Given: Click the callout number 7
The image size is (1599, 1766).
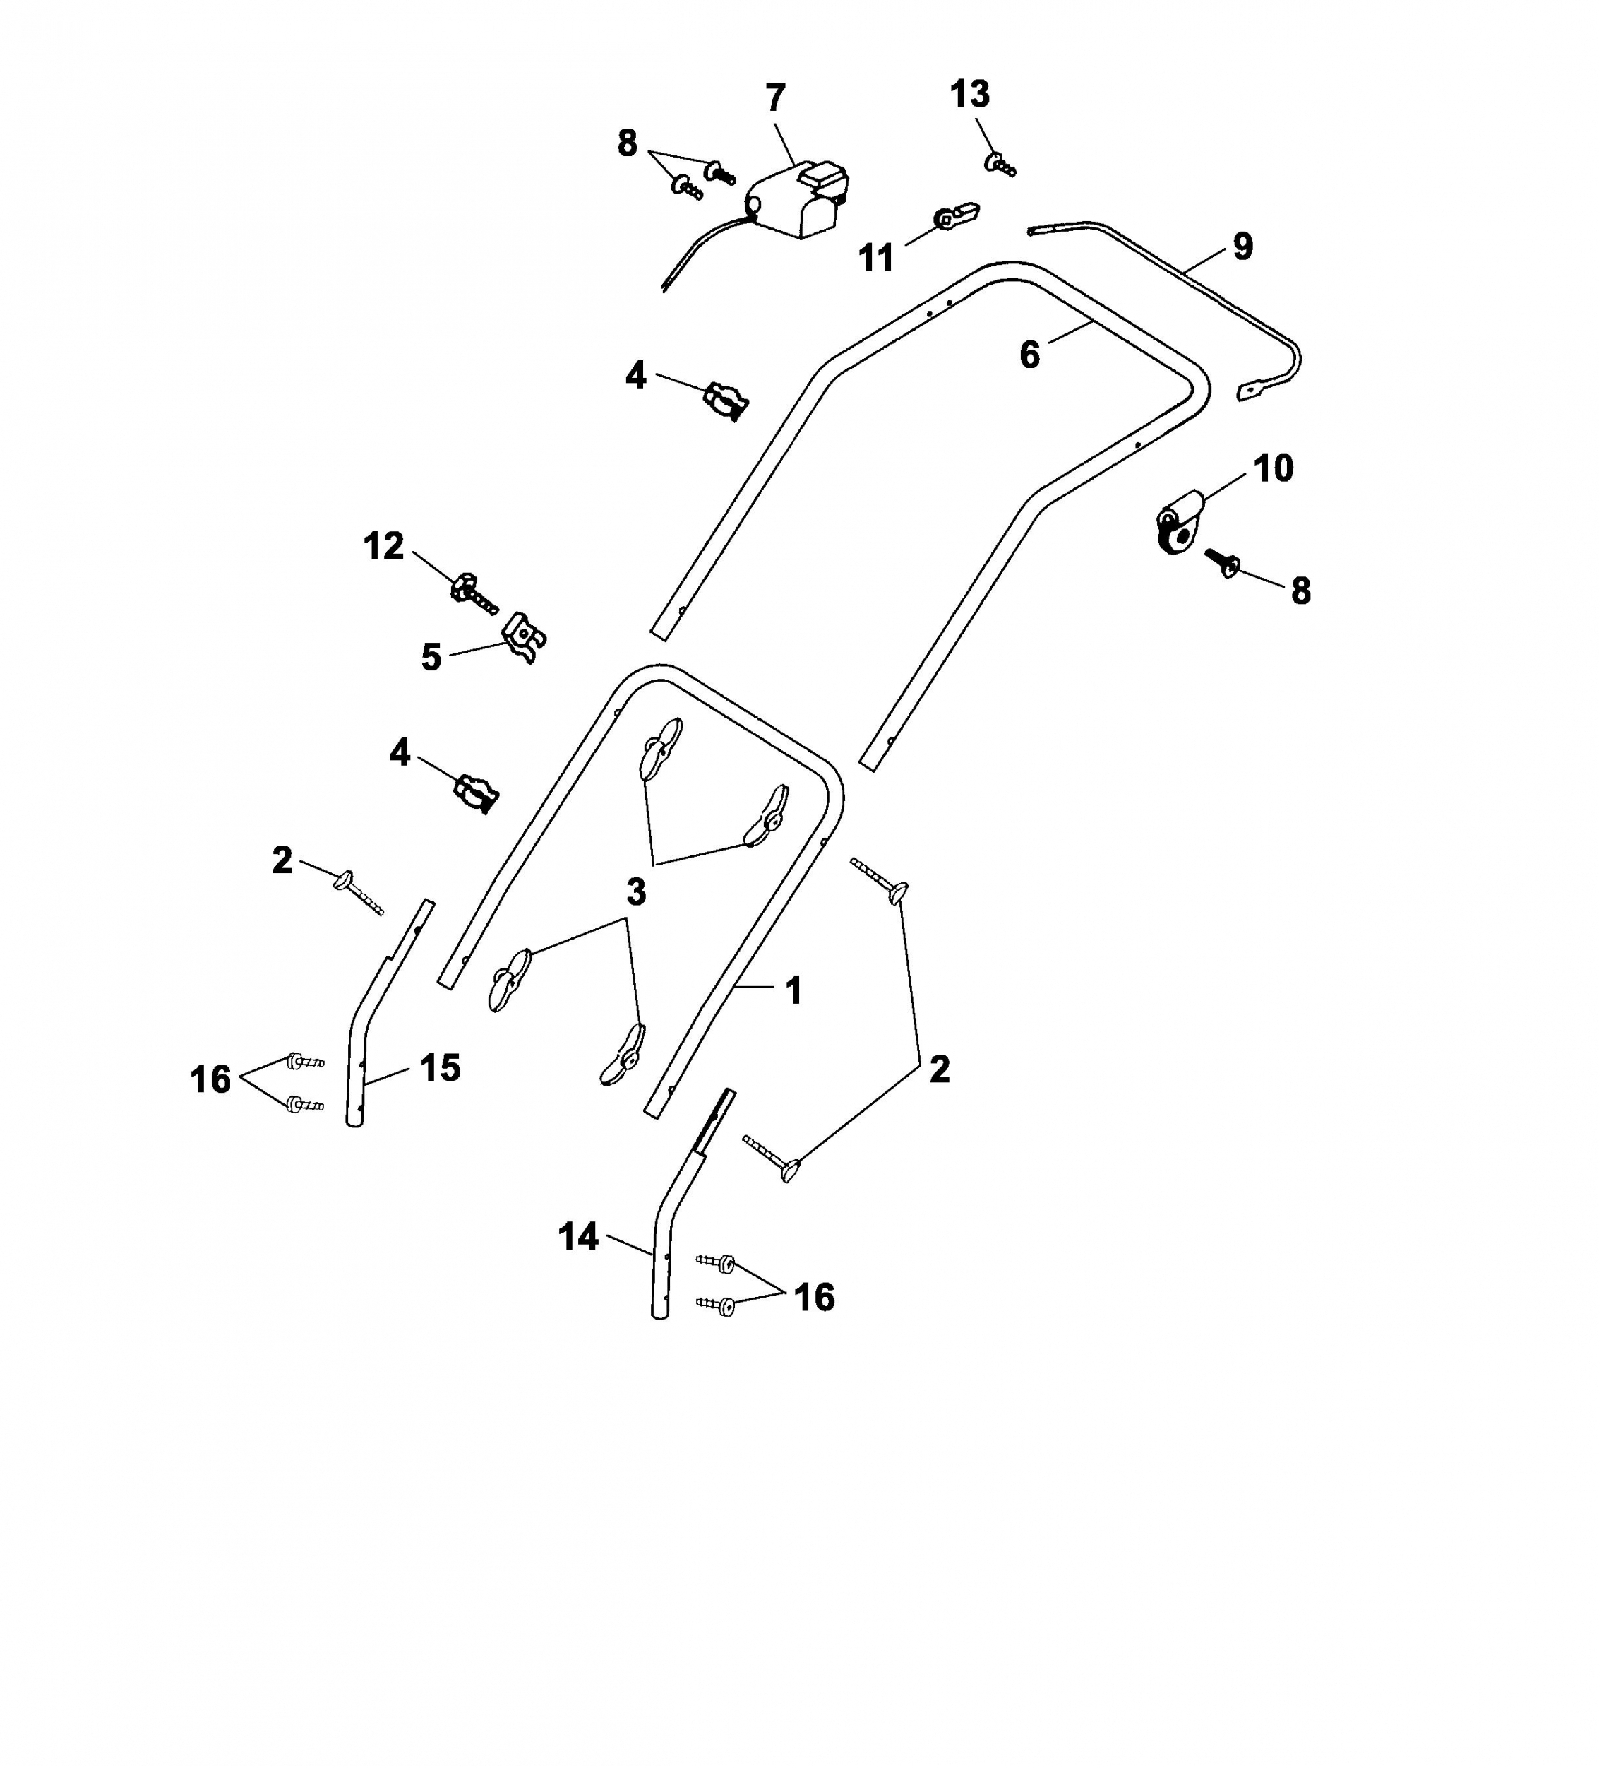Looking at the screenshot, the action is click(775, 98).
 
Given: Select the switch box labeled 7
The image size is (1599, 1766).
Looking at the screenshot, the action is click(796, 201).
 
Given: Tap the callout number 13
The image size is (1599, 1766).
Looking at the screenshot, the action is click(969, 94).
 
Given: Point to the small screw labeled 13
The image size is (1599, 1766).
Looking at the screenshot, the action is click(1001, 164).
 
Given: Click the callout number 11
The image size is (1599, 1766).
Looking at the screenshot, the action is click(875, 258).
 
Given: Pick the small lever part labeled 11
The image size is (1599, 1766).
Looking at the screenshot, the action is click(957, 215).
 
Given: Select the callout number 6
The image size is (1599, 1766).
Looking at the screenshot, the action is click(1030, 355).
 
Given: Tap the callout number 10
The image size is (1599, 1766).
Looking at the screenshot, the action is click(1274, 468).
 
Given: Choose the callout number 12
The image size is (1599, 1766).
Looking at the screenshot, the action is click(383, 546).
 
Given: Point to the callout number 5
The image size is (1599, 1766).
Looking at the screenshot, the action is click(431, 657).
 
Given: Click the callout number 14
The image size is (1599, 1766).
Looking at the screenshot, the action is click(578, 1237).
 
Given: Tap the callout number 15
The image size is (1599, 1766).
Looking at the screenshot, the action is click(440, 1068).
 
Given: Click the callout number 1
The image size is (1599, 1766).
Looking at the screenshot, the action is click(793, 991).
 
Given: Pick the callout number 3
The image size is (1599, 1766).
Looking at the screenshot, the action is click(637, 891).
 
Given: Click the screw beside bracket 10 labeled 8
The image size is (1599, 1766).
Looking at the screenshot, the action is click(1220, 562).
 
